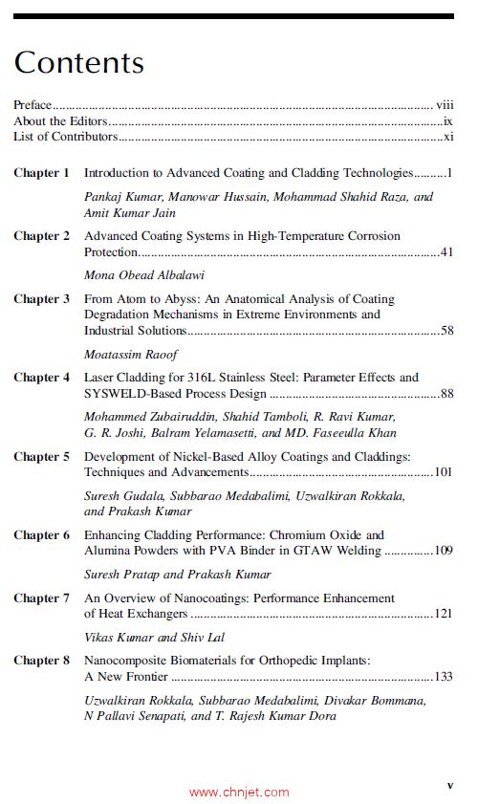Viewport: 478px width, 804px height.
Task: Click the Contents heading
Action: [79, 62]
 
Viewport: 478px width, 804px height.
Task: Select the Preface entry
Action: [33, 105]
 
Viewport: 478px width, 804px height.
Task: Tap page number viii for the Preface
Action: [445, 105]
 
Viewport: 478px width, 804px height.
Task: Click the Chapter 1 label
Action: [41, 173]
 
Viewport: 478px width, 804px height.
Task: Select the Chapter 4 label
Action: [41, 378]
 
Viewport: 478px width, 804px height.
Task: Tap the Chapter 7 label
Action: [41, 598]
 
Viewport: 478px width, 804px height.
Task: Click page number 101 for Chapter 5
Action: [443, 472]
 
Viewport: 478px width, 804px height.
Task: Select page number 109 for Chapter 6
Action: [443, 552]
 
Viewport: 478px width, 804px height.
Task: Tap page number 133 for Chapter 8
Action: [443, 677]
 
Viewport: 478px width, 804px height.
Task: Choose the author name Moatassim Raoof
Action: [131, 354]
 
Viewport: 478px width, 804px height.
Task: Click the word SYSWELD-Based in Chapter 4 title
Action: [129, 394]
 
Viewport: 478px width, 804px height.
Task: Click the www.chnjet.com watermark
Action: [239, 792]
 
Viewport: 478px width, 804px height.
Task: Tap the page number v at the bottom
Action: [450, 785]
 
